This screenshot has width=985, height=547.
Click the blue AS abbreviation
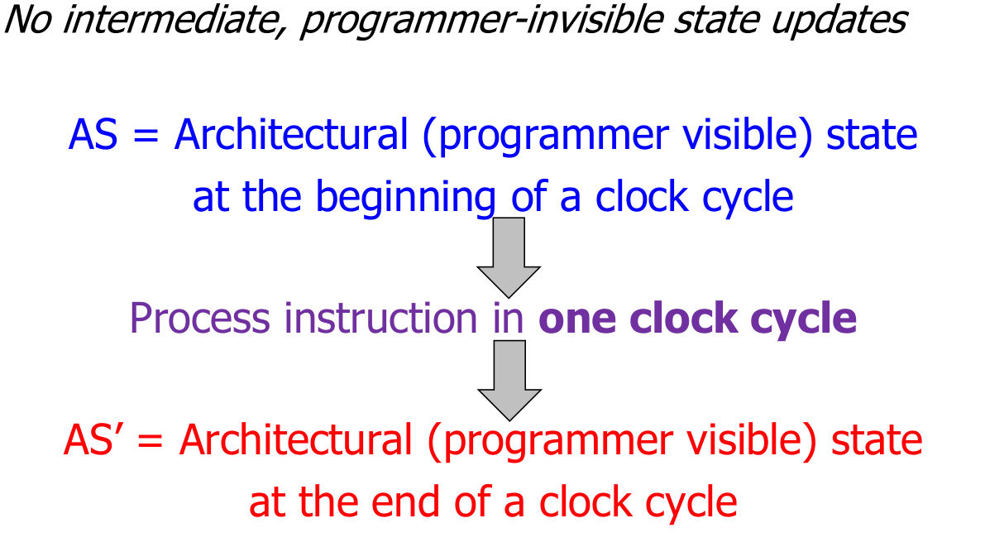pyautogui.click(x=93, y=135)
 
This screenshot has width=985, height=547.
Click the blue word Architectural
pyautogui.click(x=291, y=135)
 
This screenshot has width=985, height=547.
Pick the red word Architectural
pyautogui.click(x=296, y=439)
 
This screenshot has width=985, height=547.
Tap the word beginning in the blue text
pyautogui.click(x=405, y=198)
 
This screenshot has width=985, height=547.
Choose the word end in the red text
pyautogui.click(x=405, y=502)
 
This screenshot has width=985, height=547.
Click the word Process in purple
pyautogui.click(x=200, y=318)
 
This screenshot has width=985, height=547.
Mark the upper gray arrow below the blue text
pyautogui.click(x=508, y=257)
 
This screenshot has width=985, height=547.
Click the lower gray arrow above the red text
pyautogui.click(x=509, y=381)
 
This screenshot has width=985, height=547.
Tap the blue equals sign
pyautogui.click(x=146, y=136)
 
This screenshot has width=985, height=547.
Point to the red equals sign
pyautogui.click(x=151, y=441)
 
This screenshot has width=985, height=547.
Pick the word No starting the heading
pyautogui.click(x=28, y=20)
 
